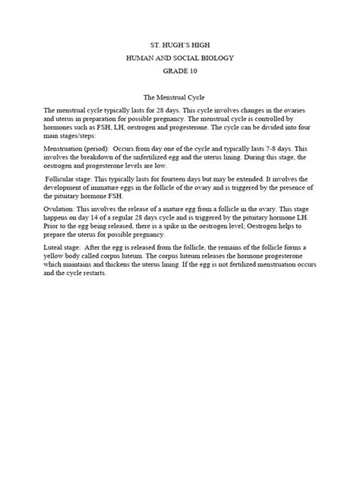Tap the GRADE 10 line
point(179,72)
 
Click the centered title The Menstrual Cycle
point(179,98)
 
